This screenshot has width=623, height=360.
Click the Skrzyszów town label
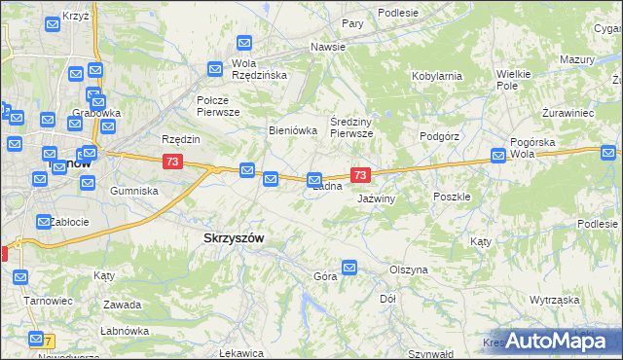tap(234, 237)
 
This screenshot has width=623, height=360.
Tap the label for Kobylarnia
tap(436, 75)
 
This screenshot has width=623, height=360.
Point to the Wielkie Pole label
tap(513, 80)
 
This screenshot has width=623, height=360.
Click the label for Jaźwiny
tap(375, 198)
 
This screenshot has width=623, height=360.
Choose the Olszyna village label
tap(408, 270)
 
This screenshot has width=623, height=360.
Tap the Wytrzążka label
tap(555, 301)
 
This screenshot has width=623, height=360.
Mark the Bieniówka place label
tap(293, 130)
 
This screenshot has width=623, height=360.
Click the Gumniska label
tap(134, 191)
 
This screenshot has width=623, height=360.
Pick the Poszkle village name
tap(452, 196)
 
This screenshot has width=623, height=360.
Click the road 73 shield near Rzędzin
tap(172, 162)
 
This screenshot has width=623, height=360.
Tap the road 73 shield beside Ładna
tap(360, 175)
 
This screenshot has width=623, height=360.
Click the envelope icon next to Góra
tap(349, 267)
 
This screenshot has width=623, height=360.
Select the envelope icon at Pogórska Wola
tap(498, 154)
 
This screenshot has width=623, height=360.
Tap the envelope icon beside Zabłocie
tap(44, 222)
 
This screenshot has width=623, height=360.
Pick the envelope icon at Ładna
tap(314, 180)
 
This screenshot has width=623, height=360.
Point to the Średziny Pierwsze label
tap(351, 126)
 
